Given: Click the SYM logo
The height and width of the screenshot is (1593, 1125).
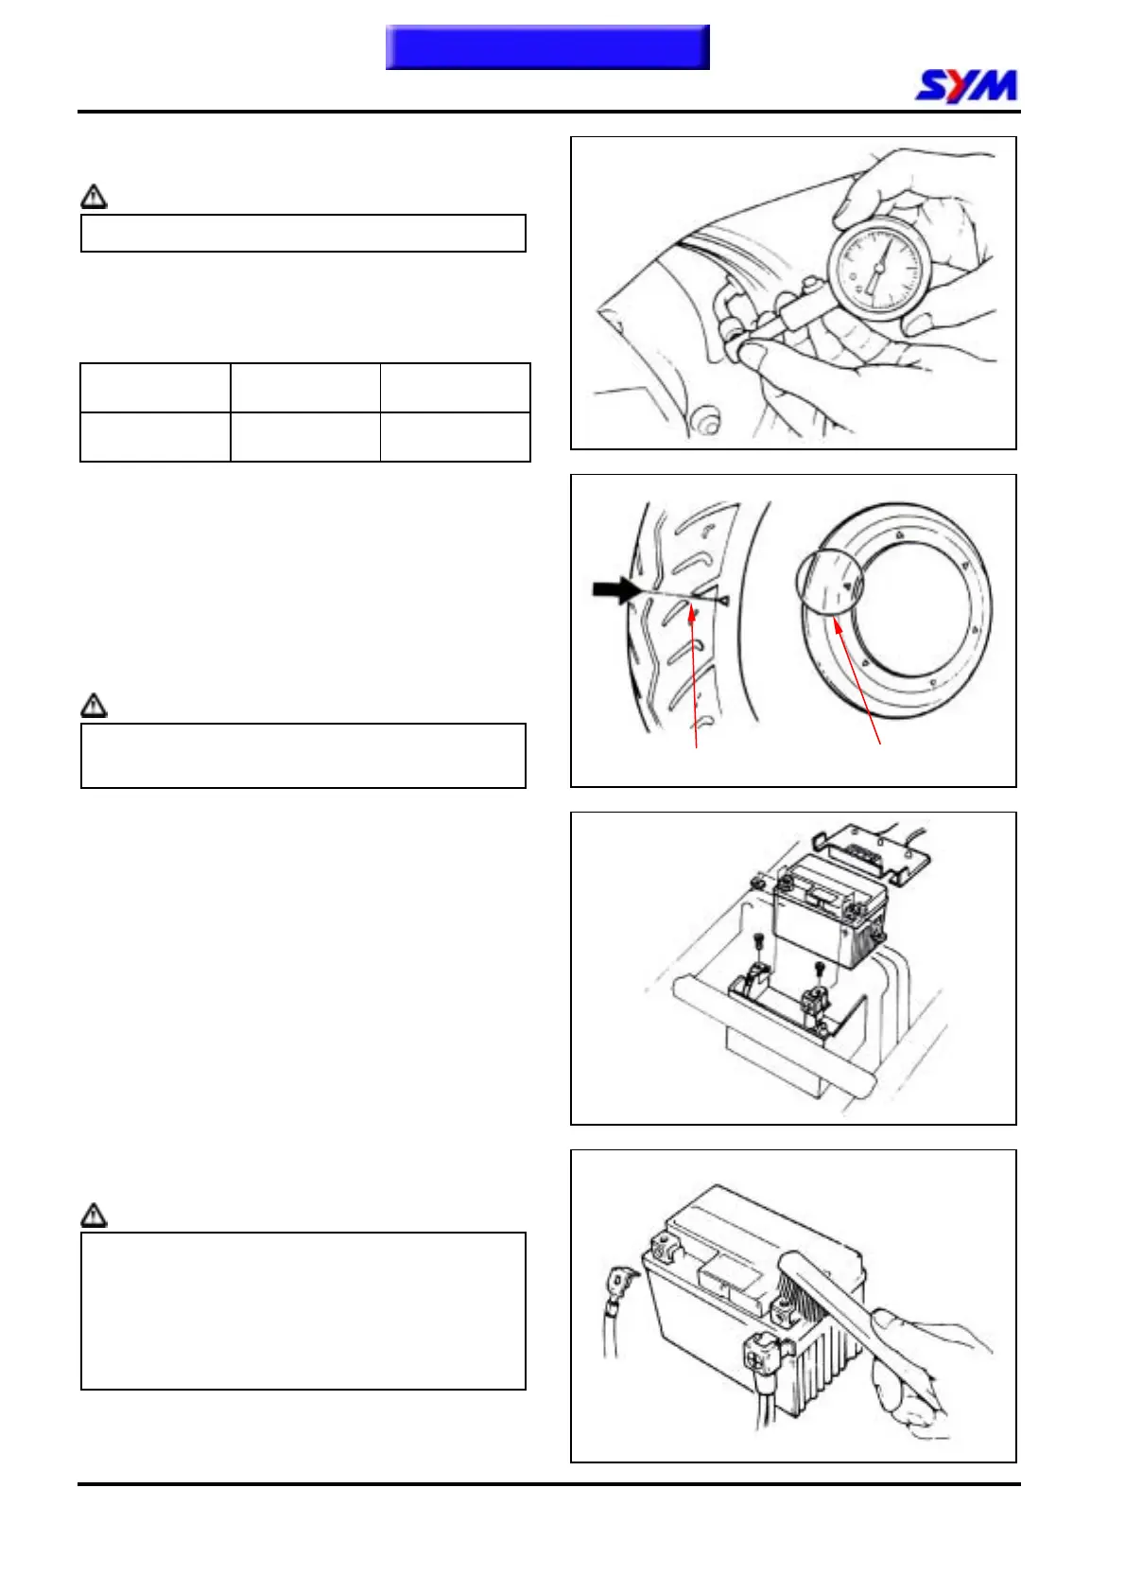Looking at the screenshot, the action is click(966, 86).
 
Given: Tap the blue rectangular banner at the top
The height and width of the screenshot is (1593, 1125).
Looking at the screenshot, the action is click(547, 47).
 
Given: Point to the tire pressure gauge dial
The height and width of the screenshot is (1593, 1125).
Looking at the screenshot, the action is click(874, 269).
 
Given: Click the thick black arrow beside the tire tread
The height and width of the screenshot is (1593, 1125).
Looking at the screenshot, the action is click(615, 590).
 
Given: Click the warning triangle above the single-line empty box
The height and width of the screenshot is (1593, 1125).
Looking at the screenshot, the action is click(94, 197).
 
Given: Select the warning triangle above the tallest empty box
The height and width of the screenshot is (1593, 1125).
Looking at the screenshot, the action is click(94, 1215).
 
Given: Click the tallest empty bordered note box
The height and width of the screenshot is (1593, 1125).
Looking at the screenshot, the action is click(303, 1310).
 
